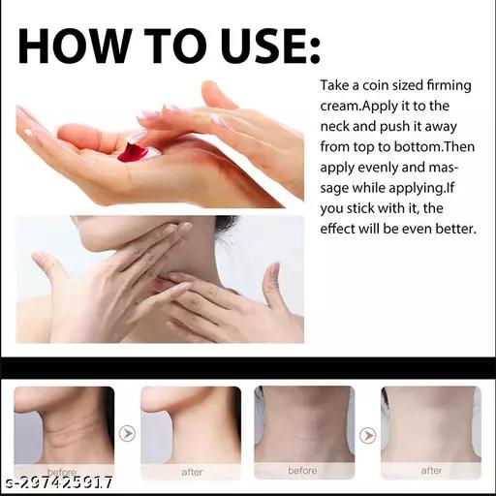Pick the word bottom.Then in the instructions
[434, 147]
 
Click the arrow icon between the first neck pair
[127, 433]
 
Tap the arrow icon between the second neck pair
[368, 435]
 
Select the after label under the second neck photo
[192, 472]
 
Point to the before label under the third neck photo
[302, 471]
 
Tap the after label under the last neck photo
[431, 471]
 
